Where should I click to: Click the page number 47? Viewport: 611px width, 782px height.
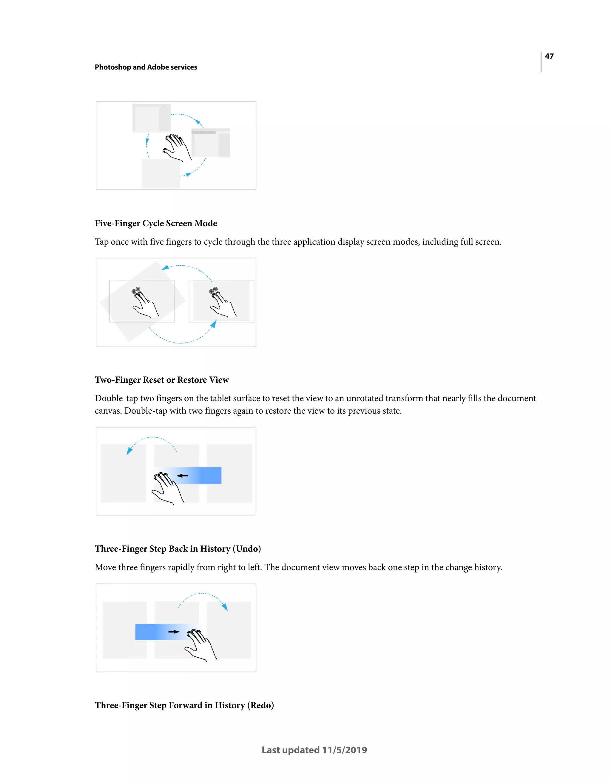pos(549,56)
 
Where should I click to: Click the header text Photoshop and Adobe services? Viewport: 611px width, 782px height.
pos(146,67)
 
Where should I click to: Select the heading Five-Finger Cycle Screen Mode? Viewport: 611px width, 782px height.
pos(156,224)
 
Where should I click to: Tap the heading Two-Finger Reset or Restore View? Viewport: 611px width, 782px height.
pos(161,380)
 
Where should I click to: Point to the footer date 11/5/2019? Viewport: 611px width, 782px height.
pos(344,750)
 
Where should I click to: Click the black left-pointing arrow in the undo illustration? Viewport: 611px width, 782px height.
pos(183,476)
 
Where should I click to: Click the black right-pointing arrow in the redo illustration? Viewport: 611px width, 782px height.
pos(174,632)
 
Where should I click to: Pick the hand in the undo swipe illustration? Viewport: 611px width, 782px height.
pos(167,488)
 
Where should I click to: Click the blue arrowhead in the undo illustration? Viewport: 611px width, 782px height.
pos(129,451)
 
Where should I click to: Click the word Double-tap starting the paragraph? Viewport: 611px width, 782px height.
pos(116,398)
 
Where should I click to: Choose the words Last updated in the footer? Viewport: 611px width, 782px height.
pos(290,750)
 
